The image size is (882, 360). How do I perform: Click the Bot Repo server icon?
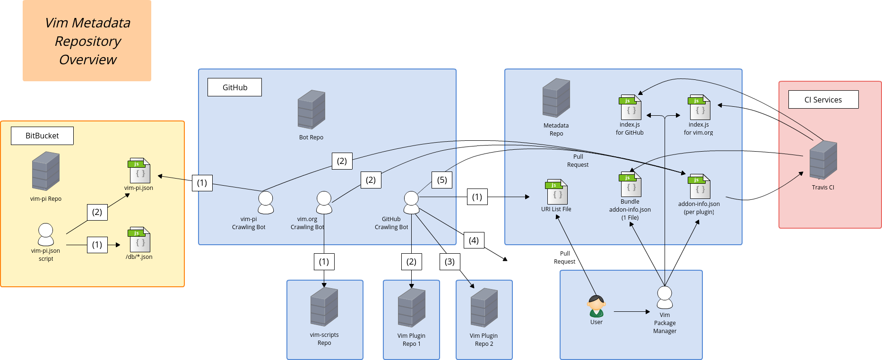(x=311, y=110)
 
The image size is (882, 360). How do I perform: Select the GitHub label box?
(x=234, y=87)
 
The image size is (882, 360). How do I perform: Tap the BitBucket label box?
(x=42, y=136)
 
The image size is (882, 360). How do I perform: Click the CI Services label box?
(x=823, y=100)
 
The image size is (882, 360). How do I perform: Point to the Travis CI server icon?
(x=823, y=160)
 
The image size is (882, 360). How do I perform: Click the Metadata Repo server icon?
(x=556, y=98)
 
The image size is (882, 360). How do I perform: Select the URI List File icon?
(x=557, y=192)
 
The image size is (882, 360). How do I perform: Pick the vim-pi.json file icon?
(x=139, y=171)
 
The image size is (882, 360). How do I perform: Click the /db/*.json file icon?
(x=139, y=240)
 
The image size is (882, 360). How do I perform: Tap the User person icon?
(x=597, y=306)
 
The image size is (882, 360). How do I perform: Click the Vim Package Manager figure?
(x=665, y=297)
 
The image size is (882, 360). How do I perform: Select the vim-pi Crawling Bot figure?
(x=266, y=203)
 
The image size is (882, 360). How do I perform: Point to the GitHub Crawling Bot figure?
(x=411, y=203)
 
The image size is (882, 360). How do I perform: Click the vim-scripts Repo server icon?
(x=324, y=307)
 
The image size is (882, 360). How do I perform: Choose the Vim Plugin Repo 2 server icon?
(x=484, y=308)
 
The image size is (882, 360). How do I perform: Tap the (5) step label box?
(x=442, y=180)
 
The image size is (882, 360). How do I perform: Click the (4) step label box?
(x=474, y=240)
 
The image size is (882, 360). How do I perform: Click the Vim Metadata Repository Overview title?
(x=87, y=41)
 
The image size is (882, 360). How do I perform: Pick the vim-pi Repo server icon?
(x=46, y=171)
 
